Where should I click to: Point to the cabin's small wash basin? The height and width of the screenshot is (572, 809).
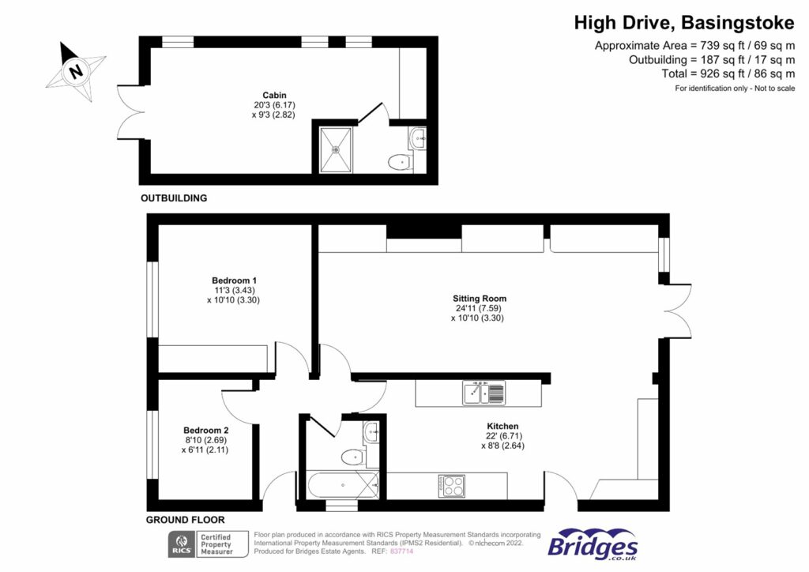[418, 140]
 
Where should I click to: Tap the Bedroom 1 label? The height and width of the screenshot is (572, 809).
[234, 280]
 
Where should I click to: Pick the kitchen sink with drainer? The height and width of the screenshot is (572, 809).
[484, 392]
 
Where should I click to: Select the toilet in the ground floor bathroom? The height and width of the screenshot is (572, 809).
[352, 457]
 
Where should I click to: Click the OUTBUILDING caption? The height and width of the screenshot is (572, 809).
[174, 198]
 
